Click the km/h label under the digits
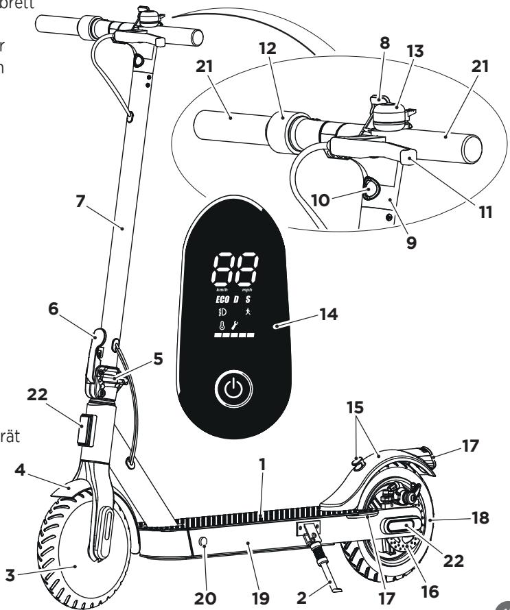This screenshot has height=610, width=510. [x=222, y=290]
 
